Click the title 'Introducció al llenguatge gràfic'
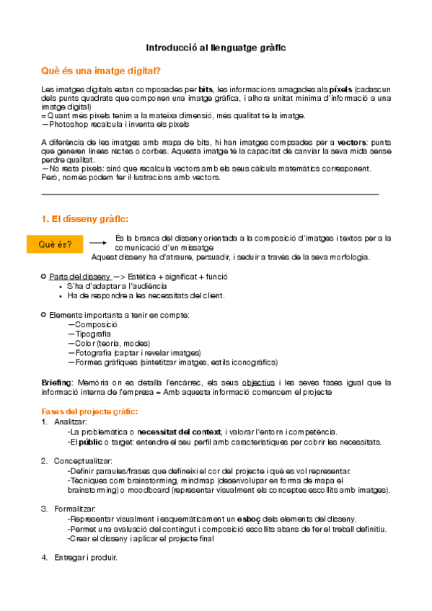216,47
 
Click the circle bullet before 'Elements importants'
44,315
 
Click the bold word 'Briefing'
57,383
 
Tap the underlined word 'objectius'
258,383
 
